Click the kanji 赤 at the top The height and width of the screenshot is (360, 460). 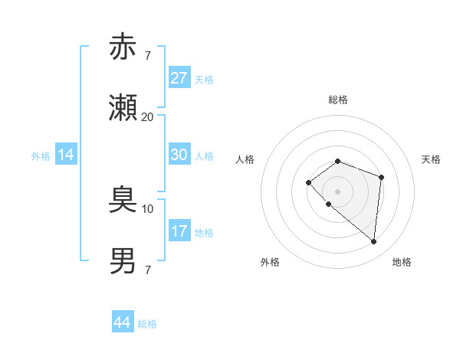(123, 47)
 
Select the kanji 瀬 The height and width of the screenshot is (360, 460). (123, 108)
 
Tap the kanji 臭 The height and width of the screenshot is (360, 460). (123, 201)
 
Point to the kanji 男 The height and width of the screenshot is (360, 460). (123, 260)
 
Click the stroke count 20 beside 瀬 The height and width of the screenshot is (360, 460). (147, 116)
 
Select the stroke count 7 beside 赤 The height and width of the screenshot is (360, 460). (147, 56)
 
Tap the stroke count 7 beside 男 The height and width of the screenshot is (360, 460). (147, 270)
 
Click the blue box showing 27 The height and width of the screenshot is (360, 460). (179, 78)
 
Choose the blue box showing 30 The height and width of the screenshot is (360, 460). (179, 155)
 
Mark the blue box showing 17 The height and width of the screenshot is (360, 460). (179, 231)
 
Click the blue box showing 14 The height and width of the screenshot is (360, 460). (66, 155)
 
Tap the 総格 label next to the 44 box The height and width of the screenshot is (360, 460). (147, 324)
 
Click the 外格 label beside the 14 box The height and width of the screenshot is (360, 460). (41, 156)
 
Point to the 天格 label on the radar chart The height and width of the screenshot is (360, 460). (432, 159)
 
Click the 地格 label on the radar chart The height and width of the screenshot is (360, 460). (402, 262)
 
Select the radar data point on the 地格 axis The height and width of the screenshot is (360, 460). (373, 241)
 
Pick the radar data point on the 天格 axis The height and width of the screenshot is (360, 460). (381, 177)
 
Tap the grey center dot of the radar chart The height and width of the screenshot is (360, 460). (337, 191)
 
